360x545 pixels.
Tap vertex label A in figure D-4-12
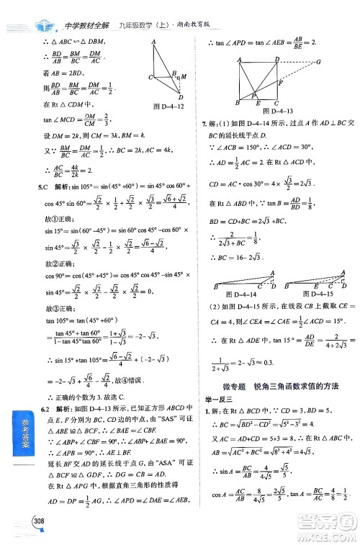point(154,42)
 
